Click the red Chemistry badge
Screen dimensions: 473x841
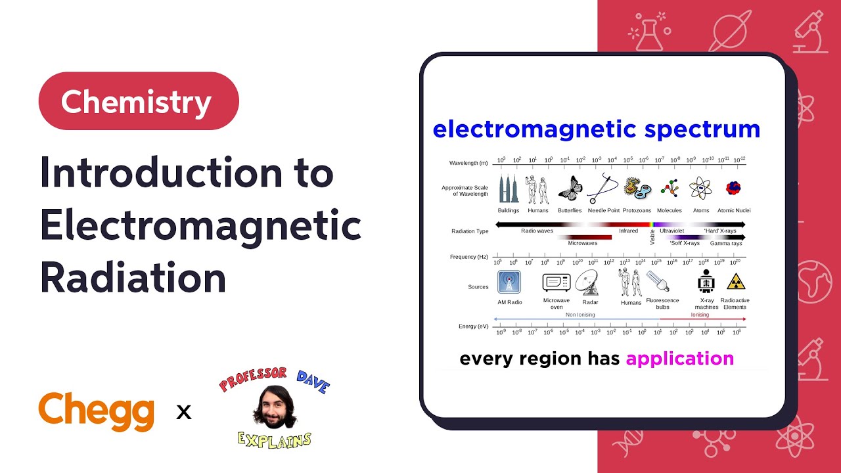click(x=139, y=101)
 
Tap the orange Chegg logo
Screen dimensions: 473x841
click(x=97, y=412)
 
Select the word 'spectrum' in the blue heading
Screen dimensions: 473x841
click(x=702, y=129)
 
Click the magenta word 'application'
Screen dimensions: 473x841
click(x=679, y=359)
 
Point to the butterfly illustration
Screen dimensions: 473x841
click(x=570, y=189)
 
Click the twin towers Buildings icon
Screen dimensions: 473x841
click(x=508, y=189)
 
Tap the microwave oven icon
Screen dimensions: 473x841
click(x=556, y=282)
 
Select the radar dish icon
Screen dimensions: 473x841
click(x=587, y=282)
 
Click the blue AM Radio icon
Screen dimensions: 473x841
click(x=509, y=282)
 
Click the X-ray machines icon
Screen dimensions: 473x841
click(x=706, y=282)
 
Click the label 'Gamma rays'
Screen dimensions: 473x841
click(x=726, y=243)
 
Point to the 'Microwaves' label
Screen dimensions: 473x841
click(x=582, y=243)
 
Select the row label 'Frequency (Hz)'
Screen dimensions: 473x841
click(x=469, y=257)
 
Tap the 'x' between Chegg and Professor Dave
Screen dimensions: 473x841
click(x=184, y=413)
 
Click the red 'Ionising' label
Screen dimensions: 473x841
click(x=700, y=315)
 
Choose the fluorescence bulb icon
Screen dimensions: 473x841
click(x=658, y=281)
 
